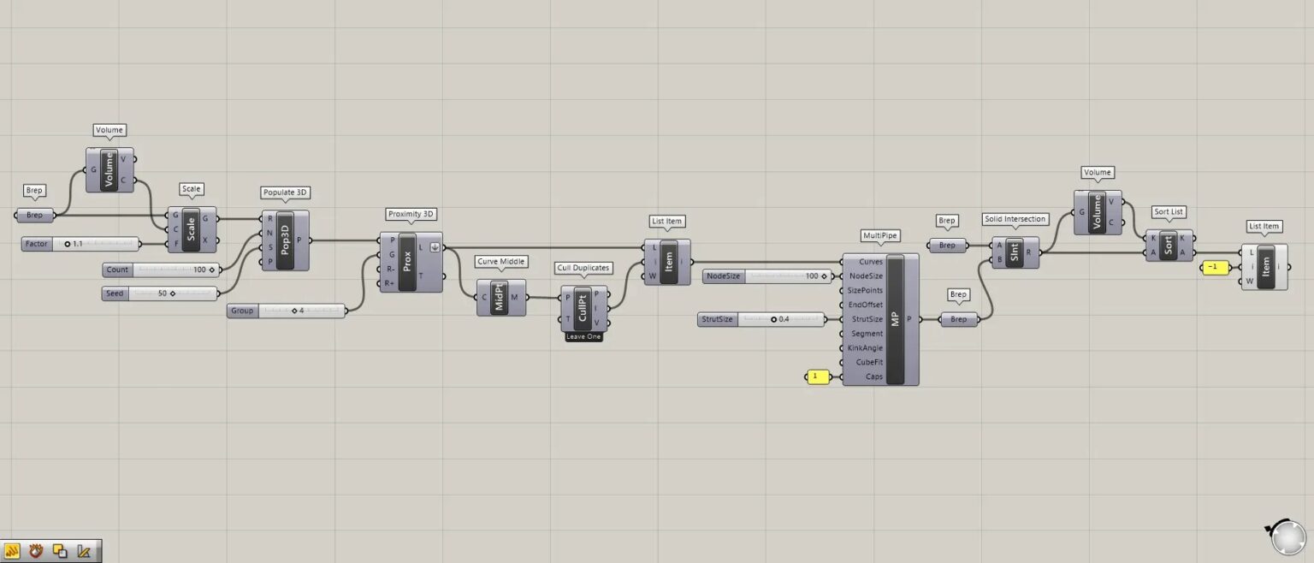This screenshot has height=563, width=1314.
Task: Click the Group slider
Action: pyautogui.click(x=287, y=311)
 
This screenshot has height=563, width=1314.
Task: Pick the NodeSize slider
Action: pyautogui.click(x=766, y=276)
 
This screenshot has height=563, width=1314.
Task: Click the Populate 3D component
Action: pyautogui.click(x=285, y=240)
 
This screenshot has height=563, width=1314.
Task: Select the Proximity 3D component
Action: pyautogui.click(x=407, y=262)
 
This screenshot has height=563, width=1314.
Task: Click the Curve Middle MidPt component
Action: pyautogui.click(x=501, y=297)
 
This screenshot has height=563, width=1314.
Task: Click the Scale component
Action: pyautogui.click(x=191, y=228)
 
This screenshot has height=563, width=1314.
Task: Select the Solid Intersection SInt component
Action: pyautogui.click(x=1015, y=252)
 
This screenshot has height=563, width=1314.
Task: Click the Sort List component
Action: pyautogui.click(x=1169, y=245)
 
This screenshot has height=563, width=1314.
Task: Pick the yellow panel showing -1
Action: pyautogui.click(x=1213, y=267)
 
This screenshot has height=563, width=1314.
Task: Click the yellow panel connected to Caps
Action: pyautogui.click(x=817, y=376)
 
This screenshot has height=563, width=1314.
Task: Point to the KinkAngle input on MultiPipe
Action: pyautogui.click(x=864, y=348)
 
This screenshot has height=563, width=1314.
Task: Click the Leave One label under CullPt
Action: pyautogui.click(x=583, y=337)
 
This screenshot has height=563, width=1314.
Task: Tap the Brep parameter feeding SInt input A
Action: pyautogui.click(x=947, y=246)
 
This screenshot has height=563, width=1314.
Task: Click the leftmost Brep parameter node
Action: pyautogui.click(x=35, y=215)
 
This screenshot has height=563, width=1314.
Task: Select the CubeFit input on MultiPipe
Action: pyautogui.click(x=867, y=362)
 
